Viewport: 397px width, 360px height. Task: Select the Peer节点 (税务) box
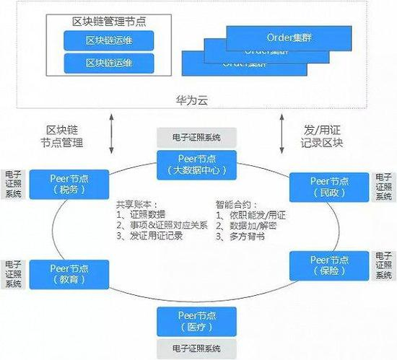point(69,184)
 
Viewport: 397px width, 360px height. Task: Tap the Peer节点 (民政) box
point(329,187)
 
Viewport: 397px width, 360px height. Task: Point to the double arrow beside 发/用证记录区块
point(283,134)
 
